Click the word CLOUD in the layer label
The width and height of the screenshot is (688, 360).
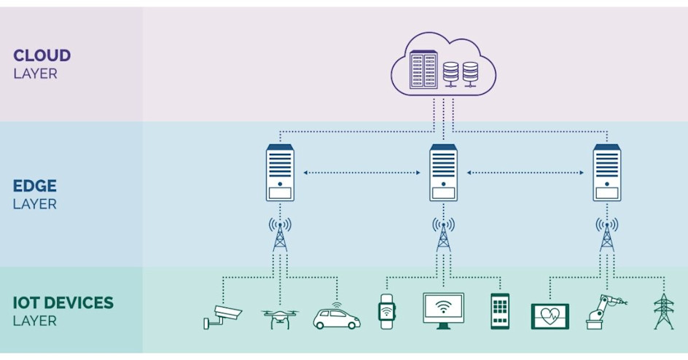(x=42, y=55)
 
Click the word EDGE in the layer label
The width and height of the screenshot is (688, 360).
(x=34, y=186)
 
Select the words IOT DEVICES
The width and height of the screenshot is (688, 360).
(x=63, y=302)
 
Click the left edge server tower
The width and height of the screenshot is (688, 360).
(x=280, y=173)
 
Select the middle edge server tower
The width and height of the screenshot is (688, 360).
(x=443, y=173)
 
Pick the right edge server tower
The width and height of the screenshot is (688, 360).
(x=606, y=173)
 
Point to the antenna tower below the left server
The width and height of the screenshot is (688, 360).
(x=280, y=235)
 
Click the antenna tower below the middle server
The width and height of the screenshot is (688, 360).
(x=443, y=235)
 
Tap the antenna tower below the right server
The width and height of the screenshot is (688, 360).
(x=606, y=235)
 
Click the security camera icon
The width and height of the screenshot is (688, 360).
(x=222, y=315)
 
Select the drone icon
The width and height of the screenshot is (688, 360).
(x=280, y=317)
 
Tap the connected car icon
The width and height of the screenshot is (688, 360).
(x=336, y=316)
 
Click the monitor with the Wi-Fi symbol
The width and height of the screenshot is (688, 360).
(x=443, y=310)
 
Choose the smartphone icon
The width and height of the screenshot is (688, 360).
(x=499, y=311)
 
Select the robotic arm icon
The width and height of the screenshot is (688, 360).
(x=604, y=311)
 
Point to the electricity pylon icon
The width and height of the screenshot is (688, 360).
(x=663, y=311)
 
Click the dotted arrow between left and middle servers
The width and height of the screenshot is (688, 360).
(x=361, y=173)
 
